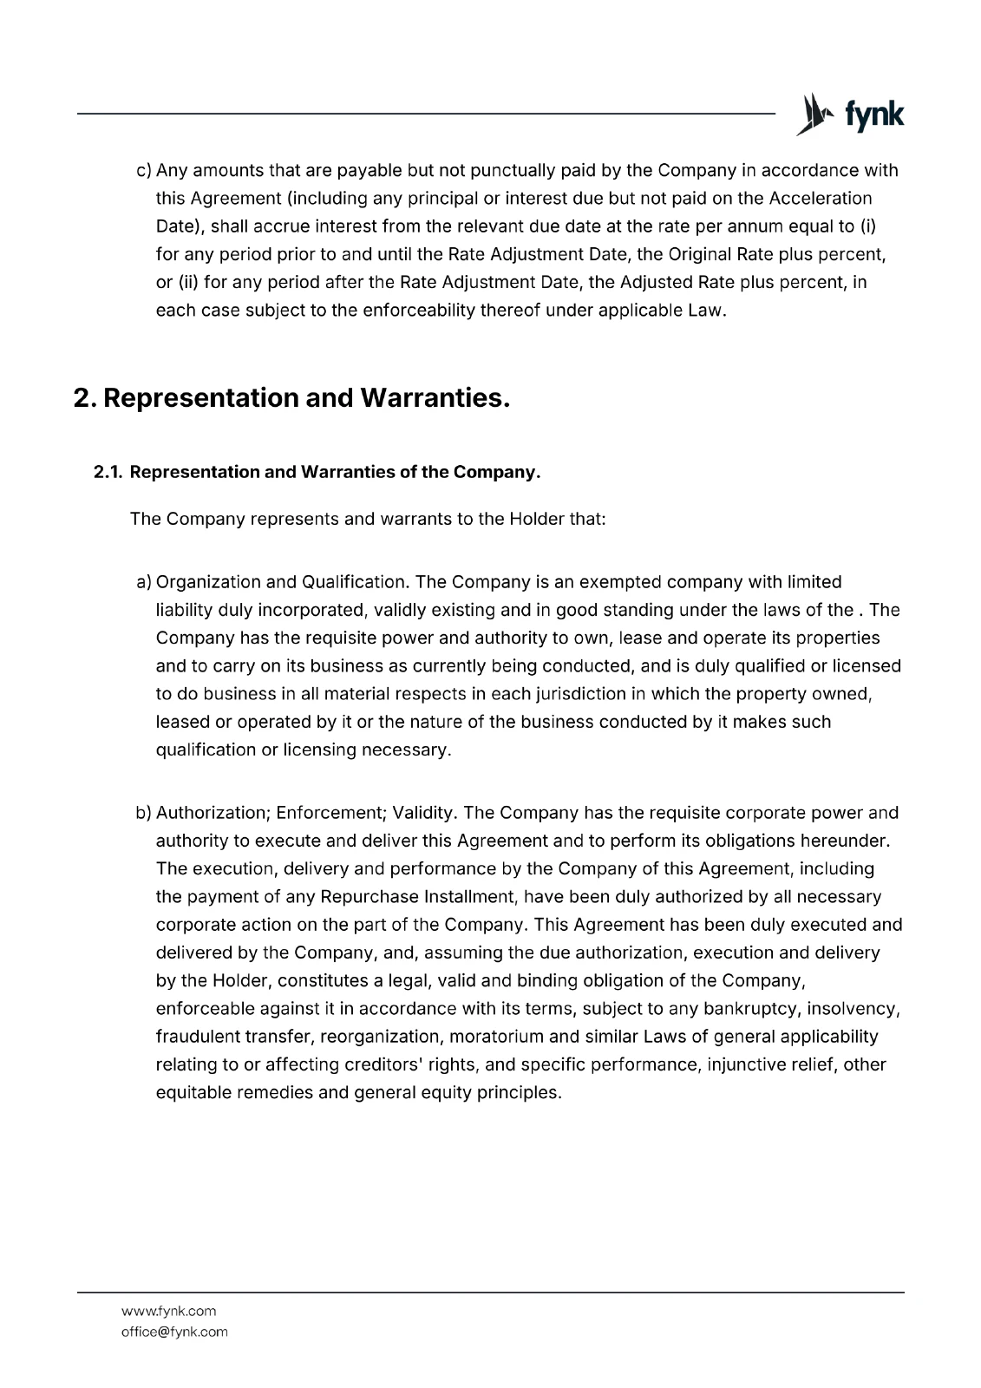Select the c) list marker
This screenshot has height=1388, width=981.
coord(144,171)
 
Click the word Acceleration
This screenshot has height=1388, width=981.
coord(821,199)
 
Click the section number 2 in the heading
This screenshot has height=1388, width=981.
coord(82,398)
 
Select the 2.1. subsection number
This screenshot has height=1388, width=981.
coord(108,472)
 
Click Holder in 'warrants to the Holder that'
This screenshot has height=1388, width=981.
coord(537,520)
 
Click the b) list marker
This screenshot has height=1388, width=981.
coord(144,814)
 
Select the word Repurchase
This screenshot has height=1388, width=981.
coord(369,897)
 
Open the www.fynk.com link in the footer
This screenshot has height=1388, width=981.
coord(168,1312)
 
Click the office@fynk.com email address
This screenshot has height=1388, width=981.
coord(174,1332)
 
